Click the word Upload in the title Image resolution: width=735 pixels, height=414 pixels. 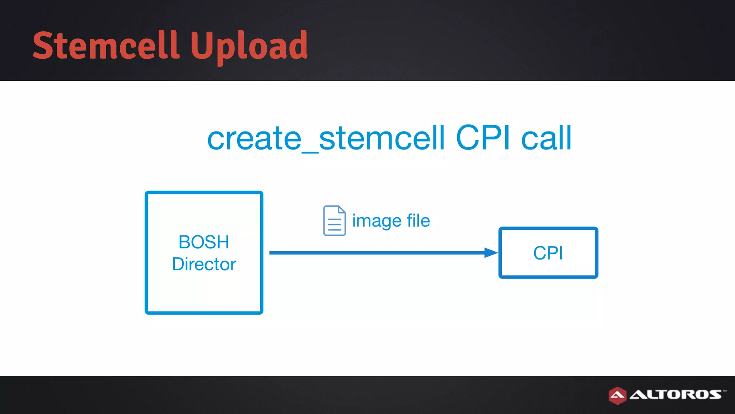(x=249, y=46)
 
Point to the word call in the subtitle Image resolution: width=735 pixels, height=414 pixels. (x=546, y=138)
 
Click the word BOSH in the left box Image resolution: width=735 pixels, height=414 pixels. (x=203, y=242)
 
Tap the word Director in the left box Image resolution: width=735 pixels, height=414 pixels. (x=204, y=264)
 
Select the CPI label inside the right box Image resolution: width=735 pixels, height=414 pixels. (x=548, y=253)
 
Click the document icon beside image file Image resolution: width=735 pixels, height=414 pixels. (x=334, y=221)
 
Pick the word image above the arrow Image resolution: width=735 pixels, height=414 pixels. (x=376, y=221)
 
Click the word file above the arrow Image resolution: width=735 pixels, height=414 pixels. (x=418, y=220)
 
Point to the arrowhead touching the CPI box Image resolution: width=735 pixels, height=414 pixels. (x=491, y=253)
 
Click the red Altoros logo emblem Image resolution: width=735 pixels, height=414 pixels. (x=617, y=395)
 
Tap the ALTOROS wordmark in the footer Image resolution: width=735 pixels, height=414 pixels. (x=675, y=395)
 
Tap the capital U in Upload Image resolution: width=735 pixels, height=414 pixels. (x=201, y=45)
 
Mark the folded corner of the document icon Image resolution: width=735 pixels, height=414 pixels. (x=342, y=210)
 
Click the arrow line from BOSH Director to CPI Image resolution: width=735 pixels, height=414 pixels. (x=377, y=253)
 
